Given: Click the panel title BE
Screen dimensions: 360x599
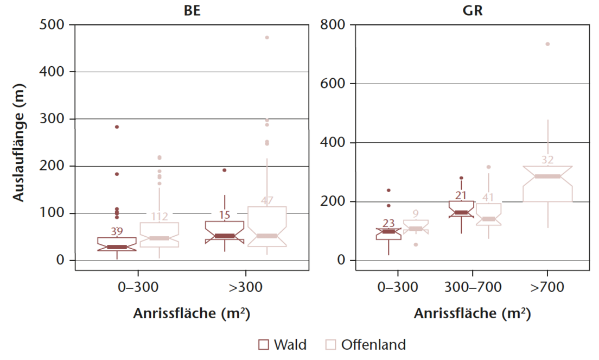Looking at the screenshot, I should [x=193, y=10].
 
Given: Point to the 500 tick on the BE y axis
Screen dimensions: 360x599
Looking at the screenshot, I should [x=52, y=24].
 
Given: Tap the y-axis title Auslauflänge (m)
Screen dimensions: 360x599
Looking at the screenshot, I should [x=19, y=142].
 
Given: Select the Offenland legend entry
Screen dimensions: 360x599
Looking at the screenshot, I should [x=365, y=344].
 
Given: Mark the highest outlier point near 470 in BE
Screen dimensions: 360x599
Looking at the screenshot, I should [x=267, y=37].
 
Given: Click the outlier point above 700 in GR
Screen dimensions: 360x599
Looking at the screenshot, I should [x=547, y=44].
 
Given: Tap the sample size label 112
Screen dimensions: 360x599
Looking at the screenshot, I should [x=159, y=217].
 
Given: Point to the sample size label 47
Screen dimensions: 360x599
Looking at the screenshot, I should [x=267, y=200].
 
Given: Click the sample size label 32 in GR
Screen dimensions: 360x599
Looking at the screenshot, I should [x=547, y=160].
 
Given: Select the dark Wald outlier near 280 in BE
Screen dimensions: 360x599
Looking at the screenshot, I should [x=117, y=127].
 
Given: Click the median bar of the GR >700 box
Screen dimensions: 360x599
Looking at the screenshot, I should [x=547, y=176].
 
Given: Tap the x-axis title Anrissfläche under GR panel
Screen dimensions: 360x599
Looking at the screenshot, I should [x=472, y=314].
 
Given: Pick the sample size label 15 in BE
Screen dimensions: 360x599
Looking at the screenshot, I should [x=225, y=215].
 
